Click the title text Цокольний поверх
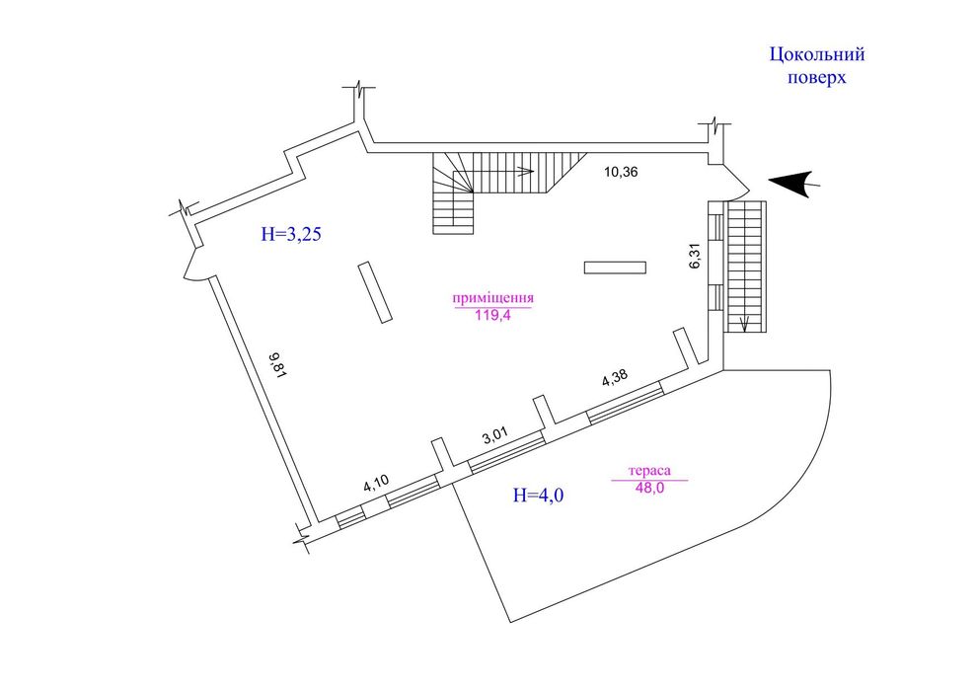click(x=817, y=66)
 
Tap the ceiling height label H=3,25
click(x=291, y=234)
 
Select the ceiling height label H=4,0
click(x=539, y=495)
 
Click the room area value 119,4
click(x=492, y=316)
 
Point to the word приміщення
click(x=492, y=298)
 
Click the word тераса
click(x=650, y=471)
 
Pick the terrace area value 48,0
click(x=650, y=488)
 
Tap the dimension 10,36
click(x=621, y=172)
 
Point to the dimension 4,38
click(x=615, y=379)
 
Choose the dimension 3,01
click(x=496, y=434)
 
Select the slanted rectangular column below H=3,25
click(x=375, y=292)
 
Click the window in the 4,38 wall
click(x=626, y=404)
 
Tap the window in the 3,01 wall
click(x=506, y=453)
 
